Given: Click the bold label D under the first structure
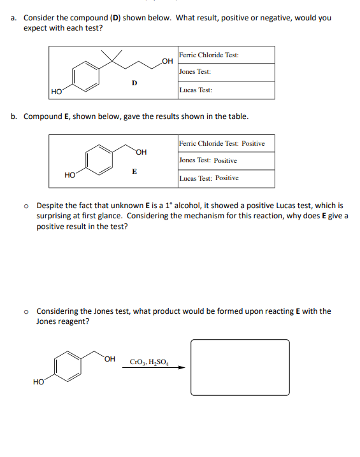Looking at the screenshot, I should pyautogui.click(x=134, y=81).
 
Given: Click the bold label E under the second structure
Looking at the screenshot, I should pyautogui.click(x=134, y=171).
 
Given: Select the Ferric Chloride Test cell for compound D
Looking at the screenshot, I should pyautogui.click(x=226, y=55).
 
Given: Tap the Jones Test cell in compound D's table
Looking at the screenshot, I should pyautogui.click(x=226, y=72).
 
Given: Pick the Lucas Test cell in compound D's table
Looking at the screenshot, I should pyautogui.click(x=226, y=90).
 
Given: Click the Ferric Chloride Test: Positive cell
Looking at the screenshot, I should pyautogui.click(x=226, y=143).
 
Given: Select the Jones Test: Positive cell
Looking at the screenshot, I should pyautogui.click(x=226, y=160).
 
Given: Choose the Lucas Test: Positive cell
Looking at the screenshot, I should pyautogui.click(x=226, y=178).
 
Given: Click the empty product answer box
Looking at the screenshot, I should pyautogui.click(x=240, y=367).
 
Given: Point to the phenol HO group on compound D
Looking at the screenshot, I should pyautogui.click(x=56, y=92).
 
